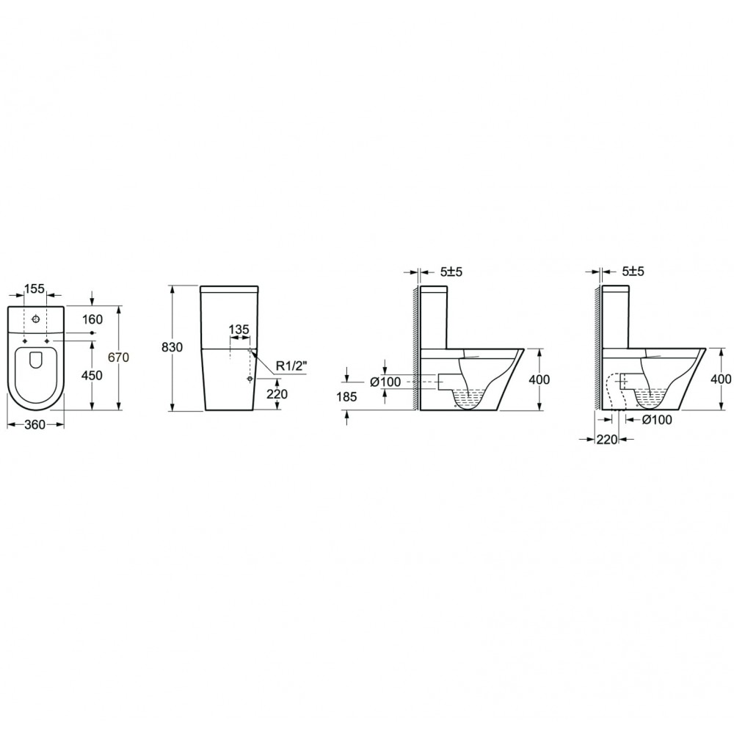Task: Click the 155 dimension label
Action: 34,288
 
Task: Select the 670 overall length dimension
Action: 118,357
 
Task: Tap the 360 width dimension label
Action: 35,424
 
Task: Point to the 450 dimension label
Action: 92,375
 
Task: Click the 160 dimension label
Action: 92,319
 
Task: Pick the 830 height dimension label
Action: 172,347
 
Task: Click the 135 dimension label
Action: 239,330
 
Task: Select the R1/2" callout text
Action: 291,366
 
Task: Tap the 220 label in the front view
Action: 277,394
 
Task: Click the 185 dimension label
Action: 346,396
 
